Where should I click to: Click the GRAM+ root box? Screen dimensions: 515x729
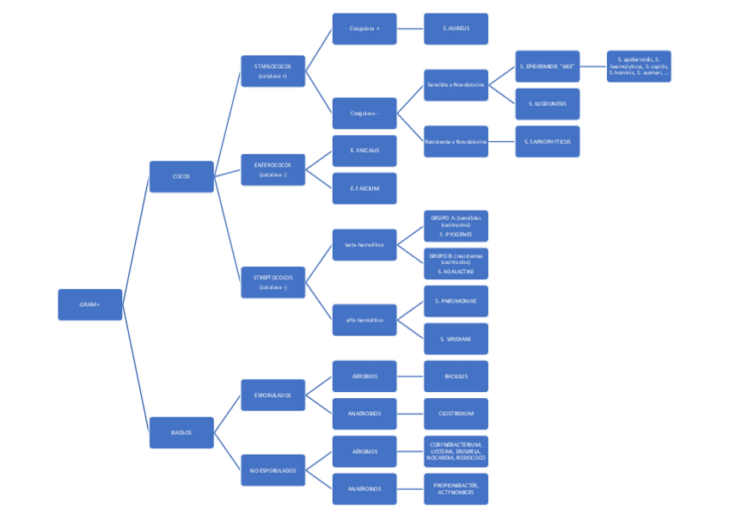coord(89,304)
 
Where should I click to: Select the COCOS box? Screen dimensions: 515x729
coord(181,176)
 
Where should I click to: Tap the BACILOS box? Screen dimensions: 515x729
coord(181,432)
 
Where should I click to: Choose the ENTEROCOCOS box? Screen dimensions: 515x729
coord(273,169)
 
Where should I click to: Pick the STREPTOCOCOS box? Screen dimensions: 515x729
coord(273,282)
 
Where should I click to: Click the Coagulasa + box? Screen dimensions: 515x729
coord(364,28)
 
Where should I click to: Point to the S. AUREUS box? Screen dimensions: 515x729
coord(456,28)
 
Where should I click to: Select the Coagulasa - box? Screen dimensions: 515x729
coord(364,113)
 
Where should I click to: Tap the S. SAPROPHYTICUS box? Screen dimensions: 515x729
coord(548,141)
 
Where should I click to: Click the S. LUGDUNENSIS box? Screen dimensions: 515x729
coord(548,103)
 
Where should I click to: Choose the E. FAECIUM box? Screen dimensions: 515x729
coord(364,188)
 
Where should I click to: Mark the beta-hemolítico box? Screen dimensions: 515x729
coord(364,244)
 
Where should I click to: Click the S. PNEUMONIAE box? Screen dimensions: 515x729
coord(456,301)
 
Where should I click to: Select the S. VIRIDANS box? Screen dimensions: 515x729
coord(456,339)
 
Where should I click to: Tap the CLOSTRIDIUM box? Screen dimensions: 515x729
coord(456,414)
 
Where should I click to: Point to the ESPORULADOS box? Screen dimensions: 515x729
coord(273,395)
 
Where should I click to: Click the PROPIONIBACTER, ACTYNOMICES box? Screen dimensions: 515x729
coord(456,488)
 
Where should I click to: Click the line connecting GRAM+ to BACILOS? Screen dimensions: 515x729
coord(136,370)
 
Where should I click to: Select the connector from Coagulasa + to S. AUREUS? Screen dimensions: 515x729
coord(410,28)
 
